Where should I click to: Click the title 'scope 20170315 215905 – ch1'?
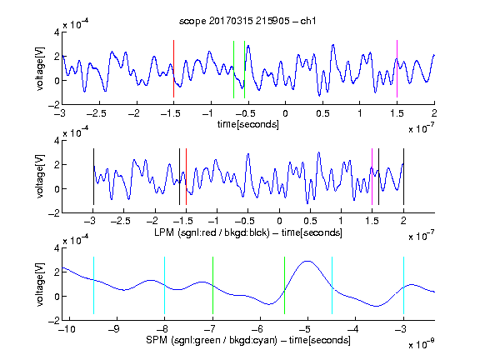pyautogui.click(x=247, y=21)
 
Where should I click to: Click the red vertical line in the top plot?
pyautogui.click(x=173, y=69)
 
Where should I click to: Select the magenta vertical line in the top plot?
pyautogui.click(x=397, y=69)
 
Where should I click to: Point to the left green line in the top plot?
pyautogui.click(x=233, y=69)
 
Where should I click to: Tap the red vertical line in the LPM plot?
pyautogui.click(x=186, y=177)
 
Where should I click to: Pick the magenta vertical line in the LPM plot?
pyautogui.click(x=372, y=177)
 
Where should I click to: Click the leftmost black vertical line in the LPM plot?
pyautogui.click(x=93, y=177)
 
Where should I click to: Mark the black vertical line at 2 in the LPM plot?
pyautogui.click(x=403, y=177)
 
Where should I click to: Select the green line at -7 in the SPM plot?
pyautogui.click(x=212, y=285)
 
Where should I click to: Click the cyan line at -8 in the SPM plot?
pyautogui.click(x=164, y=285)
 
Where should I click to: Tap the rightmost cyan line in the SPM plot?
pyautogui.click(x=403, y=285)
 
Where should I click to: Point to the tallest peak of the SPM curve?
pyautogui.click(x=307, y=261)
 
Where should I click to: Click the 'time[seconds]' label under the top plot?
pyautogui.click(x=248, y=124)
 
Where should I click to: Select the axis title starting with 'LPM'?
pyautogui.click(x=248, y=232)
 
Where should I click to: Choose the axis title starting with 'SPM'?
pyautogui.click(x=248, y=340)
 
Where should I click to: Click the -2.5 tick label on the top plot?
pyautogui.click(x=96, y=113)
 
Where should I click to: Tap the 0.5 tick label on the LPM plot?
pyautogui.click(x=310, y=221)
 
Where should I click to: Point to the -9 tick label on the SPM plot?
pyautogui.click(x=114, y=329)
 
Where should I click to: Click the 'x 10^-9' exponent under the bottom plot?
pyautogui.click(x=421, y=344)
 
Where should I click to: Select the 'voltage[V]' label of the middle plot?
pyautogui.click(x=40, y=177)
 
